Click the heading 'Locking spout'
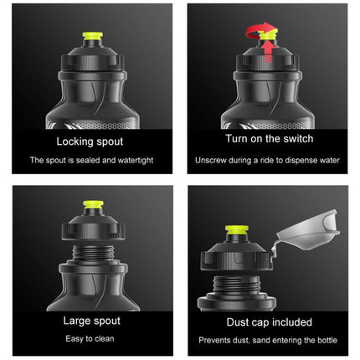(x=90, y=141)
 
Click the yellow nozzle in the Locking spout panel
(x=92, y=36)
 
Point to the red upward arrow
(x=269, y=51)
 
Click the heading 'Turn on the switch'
(x=270, y=139)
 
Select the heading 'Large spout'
(x=92, y=321)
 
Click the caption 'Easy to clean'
(x=90, y=339)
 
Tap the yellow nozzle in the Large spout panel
(x=93, y=204)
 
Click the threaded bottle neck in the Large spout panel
(x=93, y=253)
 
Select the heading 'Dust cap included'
(x=269, y=322)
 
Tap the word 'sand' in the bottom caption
(x=262, y=341)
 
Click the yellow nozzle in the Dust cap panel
(x=237, y=230)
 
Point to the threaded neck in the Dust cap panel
(x=236, y=285)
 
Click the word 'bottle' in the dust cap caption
(x=327, y=341)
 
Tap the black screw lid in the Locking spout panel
(x=92, y=58)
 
